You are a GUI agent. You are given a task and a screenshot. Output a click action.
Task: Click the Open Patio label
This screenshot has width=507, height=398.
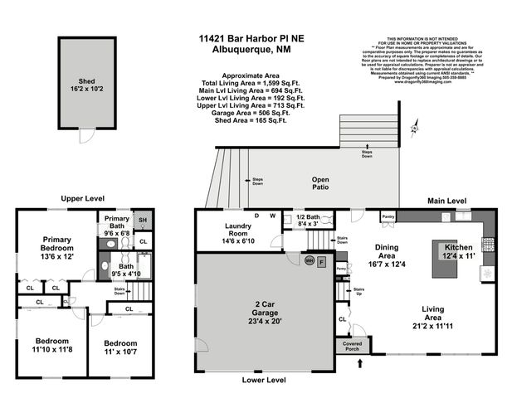(320, 185)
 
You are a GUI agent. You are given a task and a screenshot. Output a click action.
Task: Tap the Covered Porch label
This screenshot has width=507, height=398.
(349, 345)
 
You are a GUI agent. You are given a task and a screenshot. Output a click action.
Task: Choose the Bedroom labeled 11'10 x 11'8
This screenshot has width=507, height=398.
(51, 345)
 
